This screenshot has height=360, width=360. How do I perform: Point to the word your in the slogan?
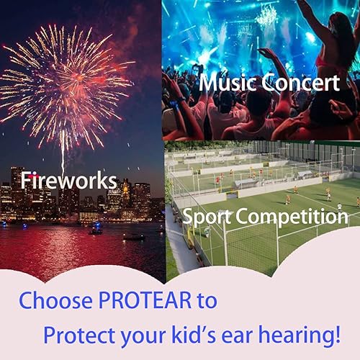click(150, 336)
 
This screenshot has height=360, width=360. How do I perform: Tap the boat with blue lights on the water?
click(95, 230)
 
